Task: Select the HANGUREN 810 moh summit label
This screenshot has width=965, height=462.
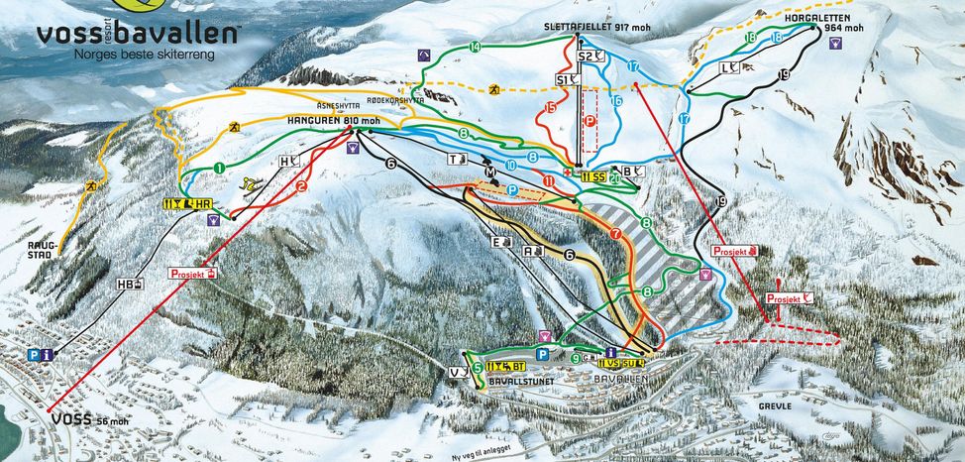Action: tap(333, 121)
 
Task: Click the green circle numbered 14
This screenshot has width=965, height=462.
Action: tap(476, 48)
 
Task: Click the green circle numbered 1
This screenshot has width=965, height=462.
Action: tap(217, 168)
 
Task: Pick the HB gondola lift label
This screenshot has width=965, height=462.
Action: tap(128, 285)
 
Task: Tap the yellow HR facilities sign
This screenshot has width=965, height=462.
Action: tap(188, 205)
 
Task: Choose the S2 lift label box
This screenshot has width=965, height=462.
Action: tap(591, 57)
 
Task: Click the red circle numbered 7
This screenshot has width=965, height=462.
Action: tap(616, 234)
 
